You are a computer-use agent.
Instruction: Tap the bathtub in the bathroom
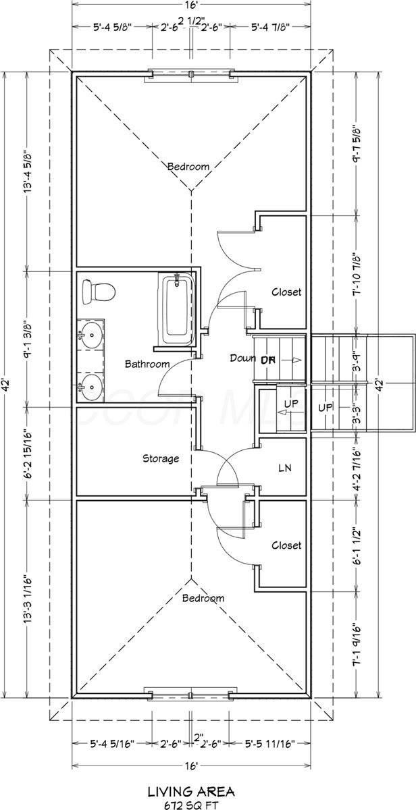click(177, 308)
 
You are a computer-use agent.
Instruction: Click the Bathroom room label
click(147, 364)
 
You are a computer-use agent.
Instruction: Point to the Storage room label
click(161, 458)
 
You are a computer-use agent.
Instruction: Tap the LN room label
click(284, 467)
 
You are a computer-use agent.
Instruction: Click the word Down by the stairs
click(242, 358)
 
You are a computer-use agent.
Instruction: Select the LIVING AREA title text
click(190, 790)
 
